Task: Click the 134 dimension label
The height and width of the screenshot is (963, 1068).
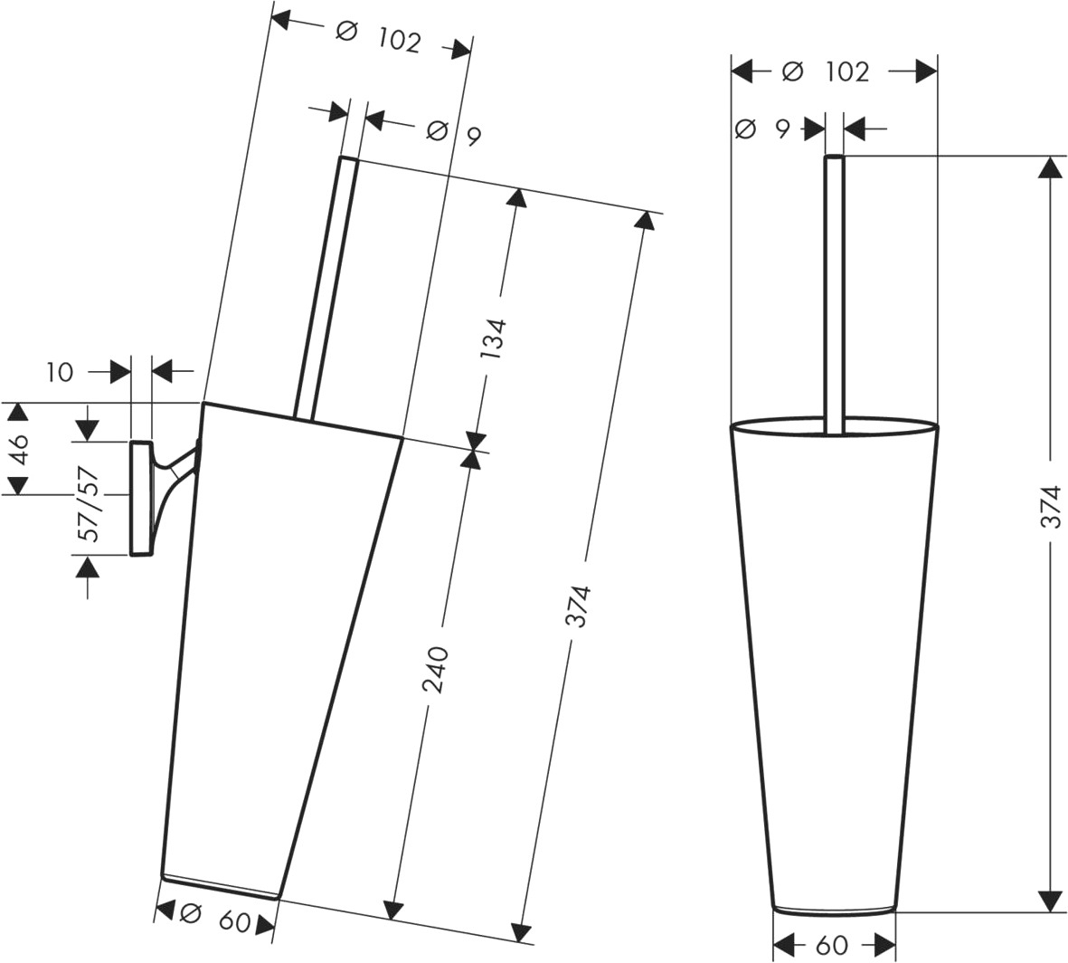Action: pos(496,339)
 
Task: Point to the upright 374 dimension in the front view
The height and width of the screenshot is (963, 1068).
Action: pos(1053,506)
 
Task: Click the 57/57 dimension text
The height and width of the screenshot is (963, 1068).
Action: pos(90,503)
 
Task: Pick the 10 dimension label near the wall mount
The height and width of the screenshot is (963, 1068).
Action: pos(60,373)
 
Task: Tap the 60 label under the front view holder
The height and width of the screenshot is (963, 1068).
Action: pos(832,945)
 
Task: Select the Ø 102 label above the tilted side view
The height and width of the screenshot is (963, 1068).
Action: pos(380,37)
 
